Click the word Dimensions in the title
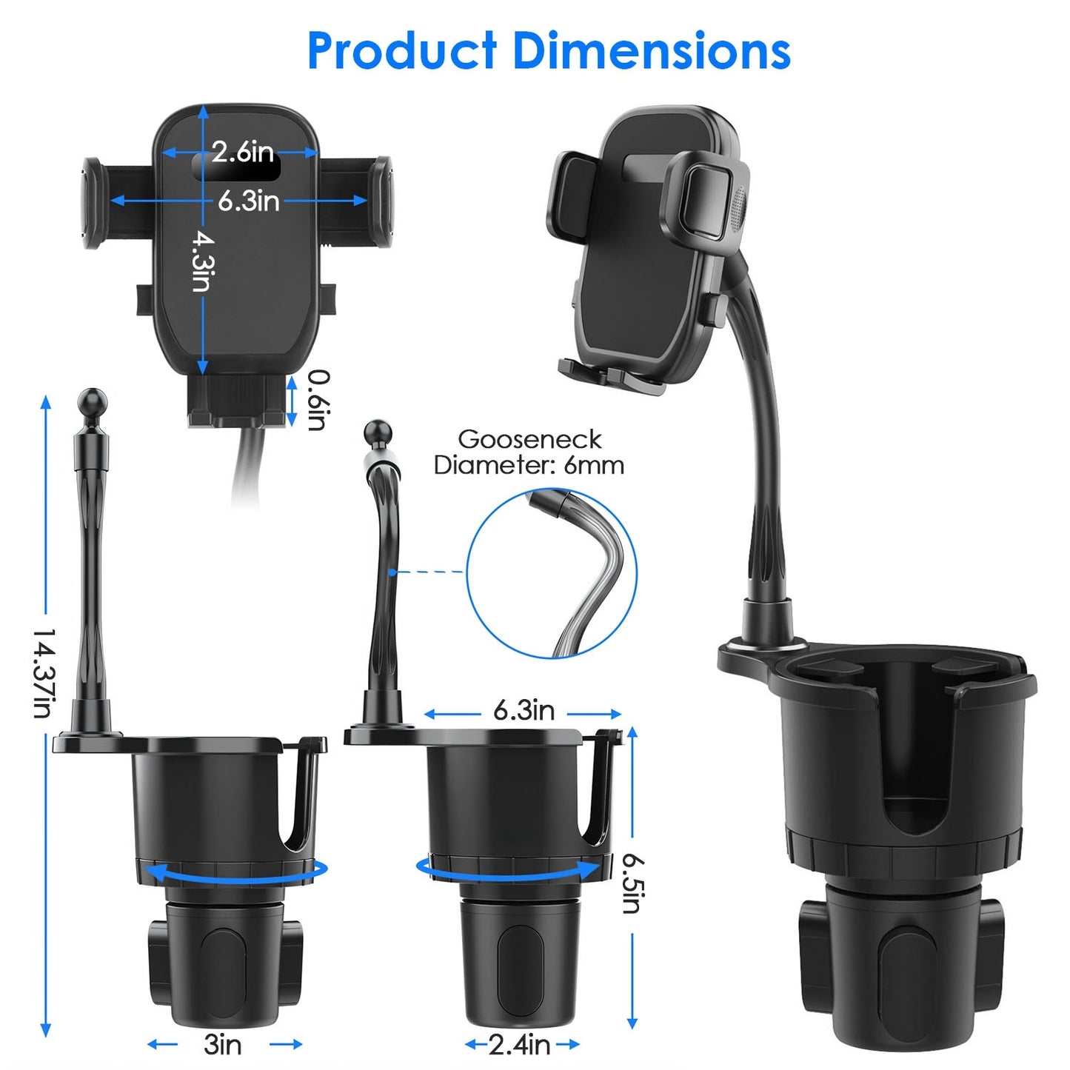pos(652,51)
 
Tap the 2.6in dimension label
pos(242,152)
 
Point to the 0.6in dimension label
pos(317,399)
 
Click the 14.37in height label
pos(44,674)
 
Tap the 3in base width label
pos(223,1044)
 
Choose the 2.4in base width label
pos(519,1044)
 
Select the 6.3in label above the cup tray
pos(524,711)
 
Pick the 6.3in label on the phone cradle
pos(249,200)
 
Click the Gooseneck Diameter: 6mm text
pos(529,452)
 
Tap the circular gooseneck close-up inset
pos(551,573)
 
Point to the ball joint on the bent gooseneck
pos(378,433)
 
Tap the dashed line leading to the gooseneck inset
pos(429,572)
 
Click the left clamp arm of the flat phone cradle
pos(93,202)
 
